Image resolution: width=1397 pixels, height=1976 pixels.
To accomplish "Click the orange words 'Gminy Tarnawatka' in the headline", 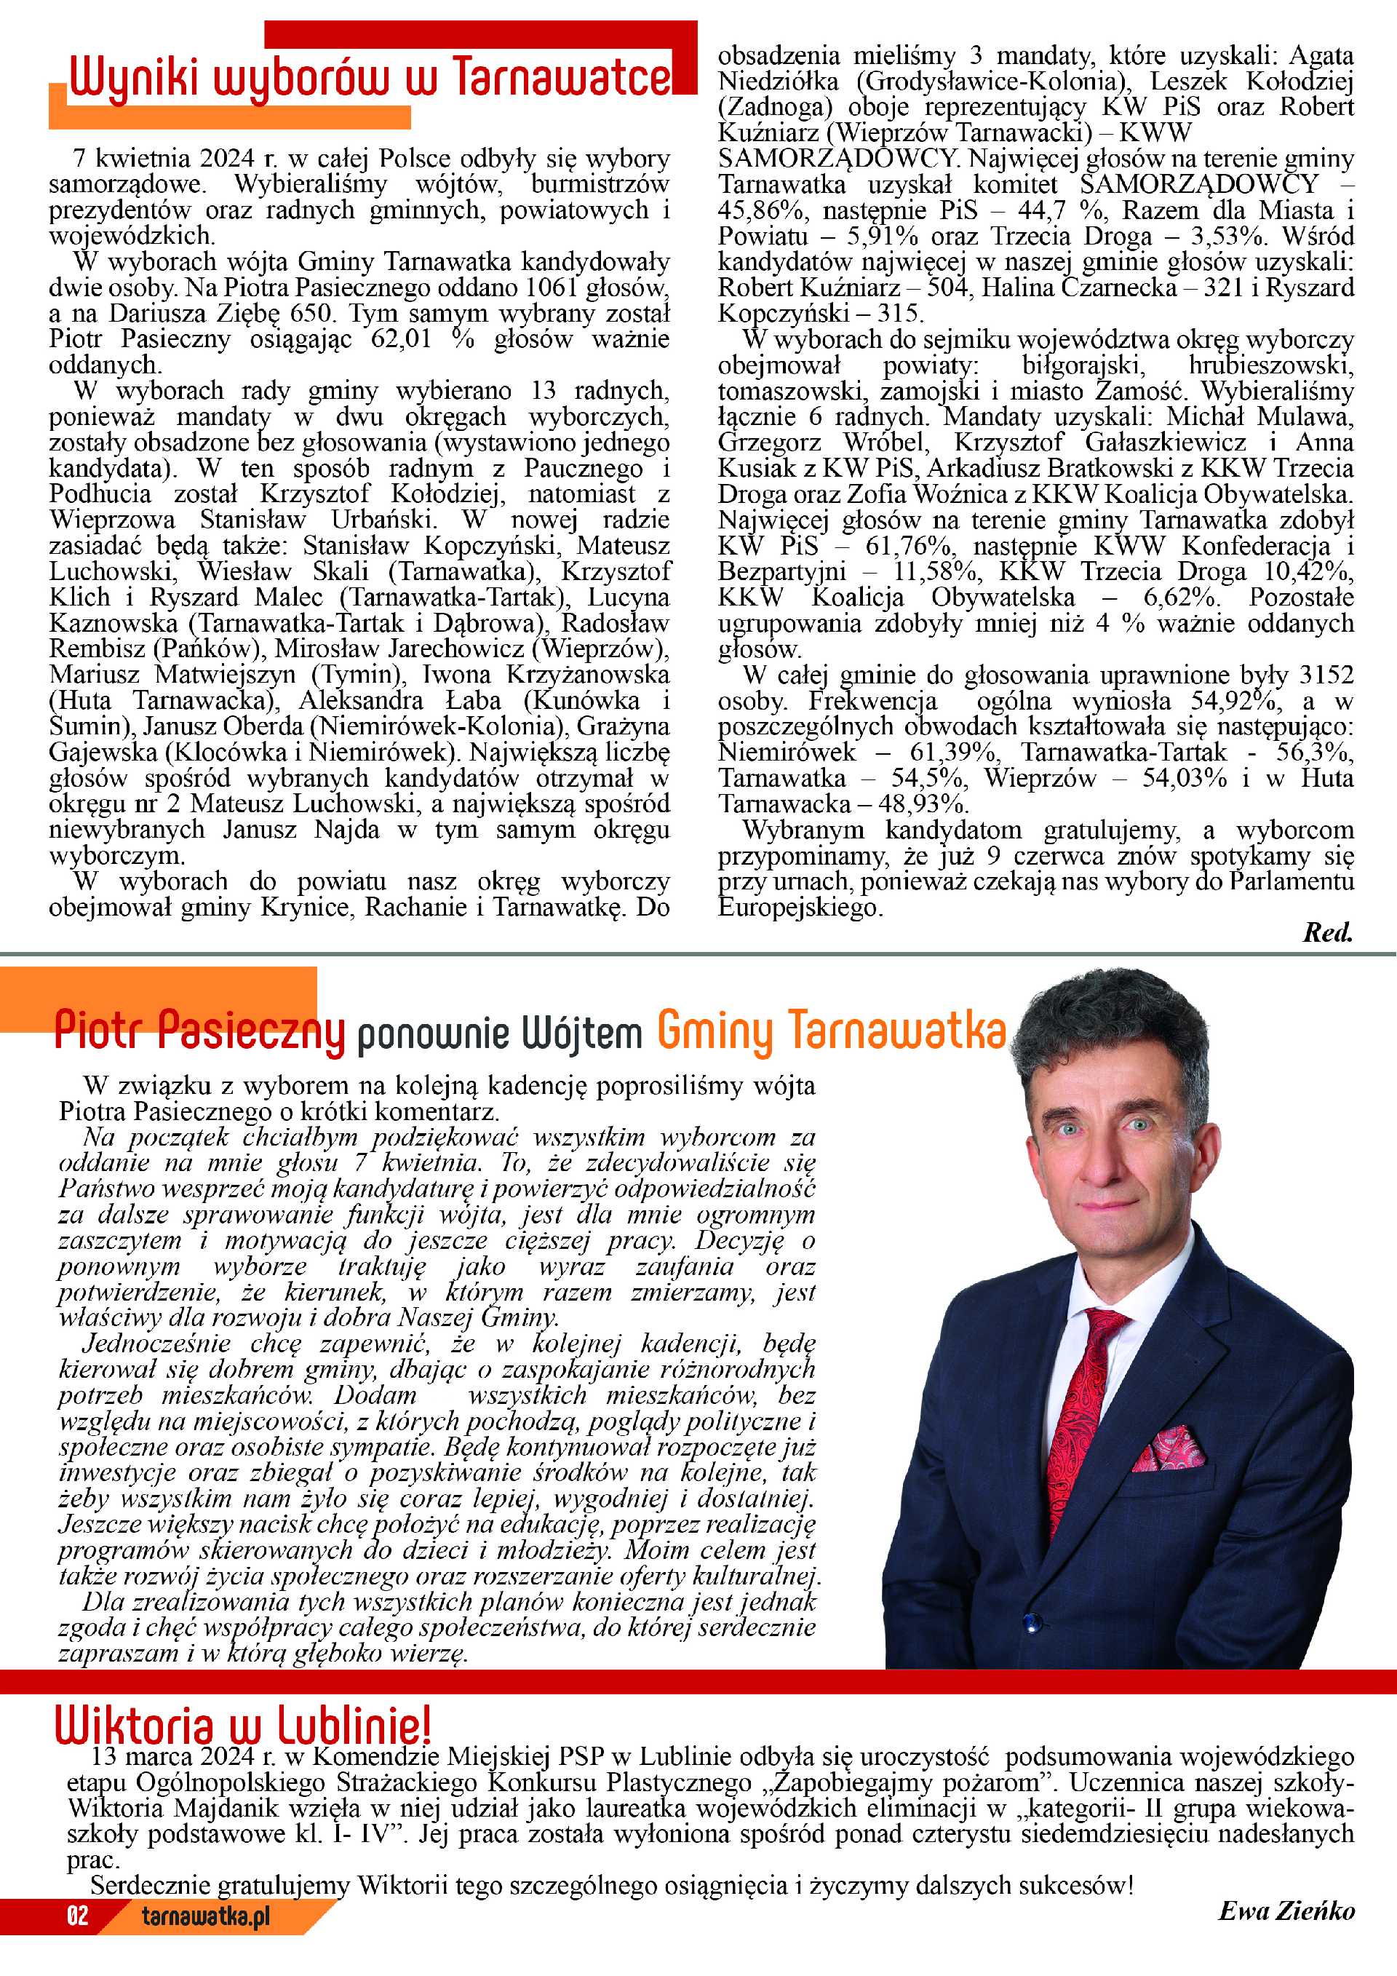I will point(831,1029).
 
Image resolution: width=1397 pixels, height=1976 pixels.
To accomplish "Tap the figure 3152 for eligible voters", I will point(1326,675).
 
